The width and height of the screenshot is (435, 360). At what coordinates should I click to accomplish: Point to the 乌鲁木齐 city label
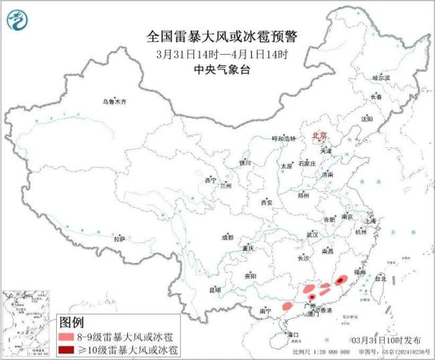pos(114,102)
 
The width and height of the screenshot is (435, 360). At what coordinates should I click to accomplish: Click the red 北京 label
pos(319,136)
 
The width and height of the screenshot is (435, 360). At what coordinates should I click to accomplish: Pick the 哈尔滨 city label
pos(381,78)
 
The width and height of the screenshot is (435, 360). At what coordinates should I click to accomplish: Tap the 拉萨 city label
pos(119,239)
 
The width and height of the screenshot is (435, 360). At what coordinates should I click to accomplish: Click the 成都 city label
pos(228,238)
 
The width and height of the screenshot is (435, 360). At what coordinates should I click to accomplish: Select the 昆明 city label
pos(215,290)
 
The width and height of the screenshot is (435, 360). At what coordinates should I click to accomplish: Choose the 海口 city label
pos(292,333)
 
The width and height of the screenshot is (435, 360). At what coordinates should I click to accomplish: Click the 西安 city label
pos(267,201)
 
